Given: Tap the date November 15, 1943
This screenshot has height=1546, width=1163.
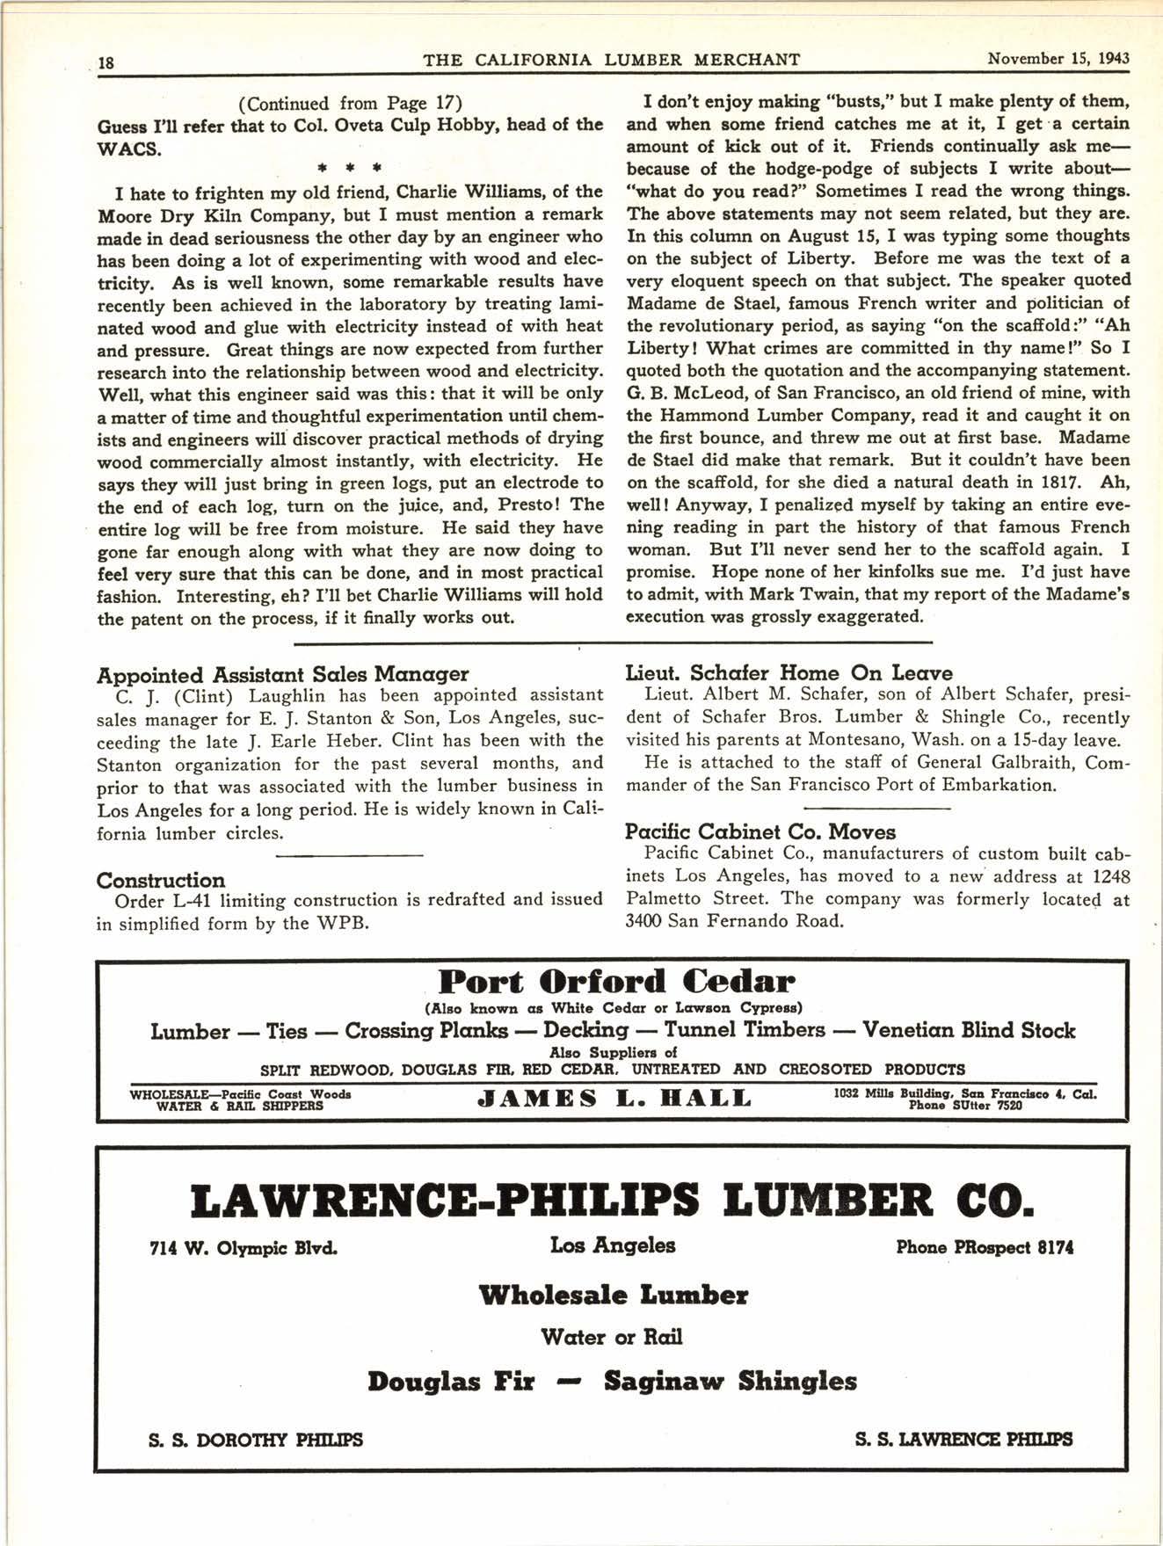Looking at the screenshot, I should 1058,59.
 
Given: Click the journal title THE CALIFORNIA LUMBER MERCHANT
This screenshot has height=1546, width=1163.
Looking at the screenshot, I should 611,60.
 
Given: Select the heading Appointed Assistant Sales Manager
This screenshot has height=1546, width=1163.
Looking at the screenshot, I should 282,674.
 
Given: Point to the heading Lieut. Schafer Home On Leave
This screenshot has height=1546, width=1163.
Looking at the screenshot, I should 789,672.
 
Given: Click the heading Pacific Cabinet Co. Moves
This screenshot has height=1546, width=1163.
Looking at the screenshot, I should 760,831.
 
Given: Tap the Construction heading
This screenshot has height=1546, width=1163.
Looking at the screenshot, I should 161,880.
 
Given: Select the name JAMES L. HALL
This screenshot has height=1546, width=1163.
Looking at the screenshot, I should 614,1098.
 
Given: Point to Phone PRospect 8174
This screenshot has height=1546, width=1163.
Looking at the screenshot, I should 984,1247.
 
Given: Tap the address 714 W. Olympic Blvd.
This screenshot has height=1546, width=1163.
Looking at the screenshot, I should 244,1248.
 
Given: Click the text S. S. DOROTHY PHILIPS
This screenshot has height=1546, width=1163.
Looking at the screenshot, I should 256,1440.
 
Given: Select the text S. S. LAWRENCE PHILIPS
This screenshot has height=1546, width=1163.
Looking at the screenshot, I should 963,1440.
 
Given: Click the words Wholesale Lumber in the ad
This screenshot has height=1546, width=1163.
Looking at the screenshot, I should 613,1295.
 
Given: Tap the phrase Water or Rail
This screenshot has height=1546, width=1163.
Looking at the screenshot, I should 612,1337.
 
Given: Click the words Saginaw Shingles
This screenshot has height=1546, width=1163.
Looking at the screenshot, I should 730,1381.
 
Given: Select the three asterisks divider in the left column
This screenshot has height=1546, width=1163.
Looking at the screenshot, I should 350,166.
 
